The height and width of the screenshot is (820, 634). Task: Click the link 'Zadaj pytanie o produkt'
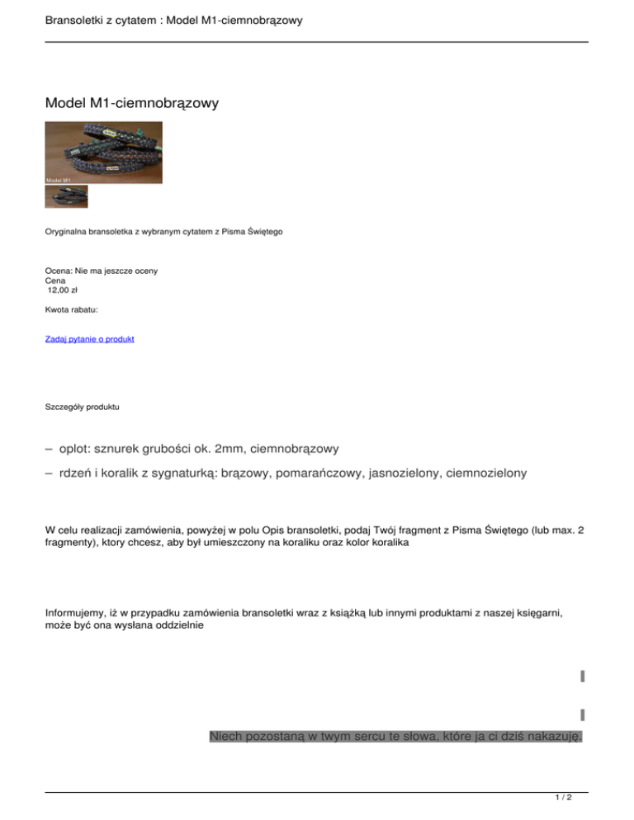click(89, 339)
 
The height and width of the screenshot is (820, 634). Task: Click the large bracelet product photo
click(104, 152)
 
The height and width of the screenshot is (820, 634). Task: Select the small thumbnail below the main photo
click(66, 196)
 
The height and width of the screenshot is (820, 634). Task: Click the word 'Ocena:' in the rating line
click(59, 271)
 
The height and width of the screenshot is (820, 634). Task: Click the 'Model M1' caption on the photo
click(59, 179)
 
